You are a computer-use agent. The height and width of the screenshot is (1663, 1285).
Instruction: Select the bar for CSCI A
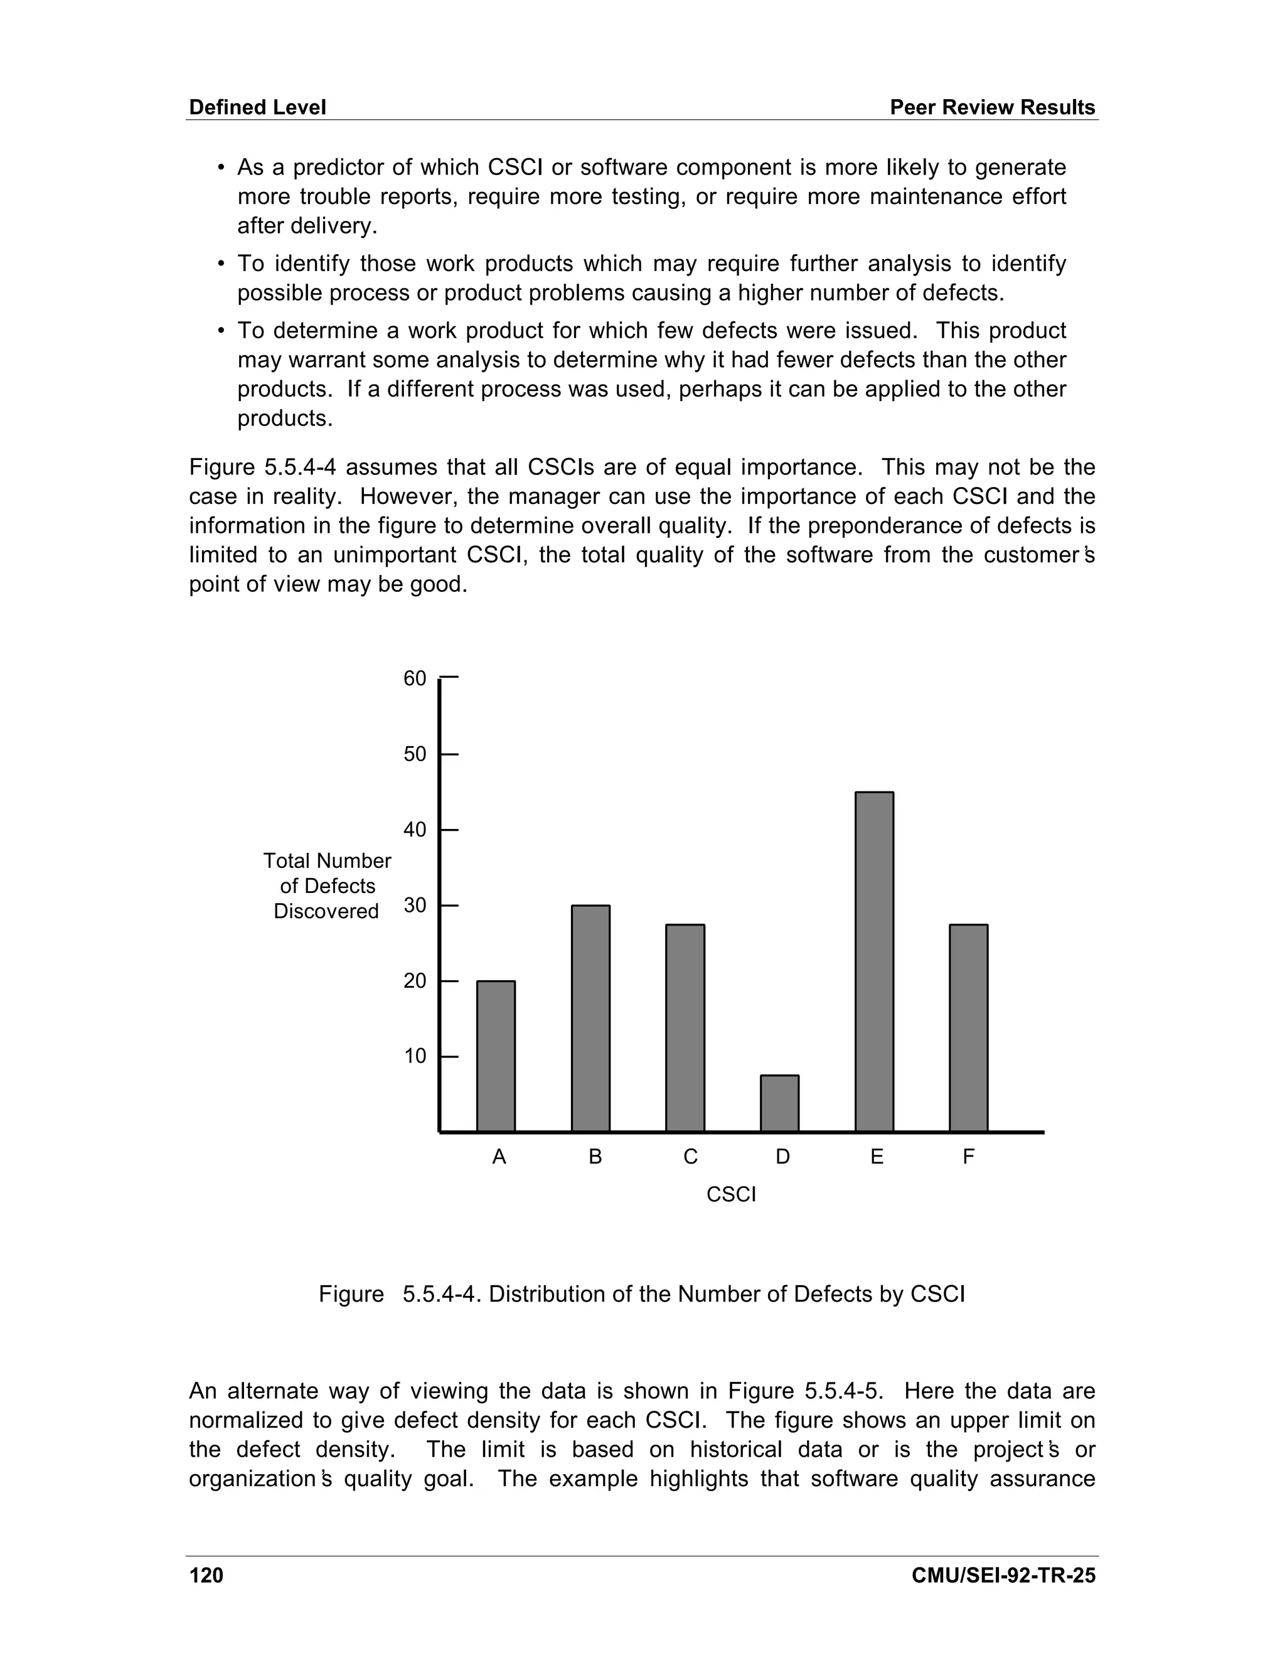point(496,1056)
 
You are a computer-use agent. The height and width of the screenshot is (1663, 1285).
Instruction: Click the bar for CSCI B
point(590,1018)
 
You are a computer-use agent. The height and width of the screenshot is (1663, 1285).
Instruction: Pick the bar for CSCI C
point(685,1028)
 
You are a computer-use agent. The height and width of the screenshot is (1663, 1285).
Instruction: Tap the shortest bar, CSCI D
point(779,1103)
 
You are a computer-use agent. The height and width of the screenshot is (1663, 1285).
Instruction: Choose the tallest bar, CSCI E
point(874,961)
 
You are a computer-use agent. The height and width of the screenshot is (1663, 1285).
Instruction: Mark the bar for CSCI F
point(968,1028)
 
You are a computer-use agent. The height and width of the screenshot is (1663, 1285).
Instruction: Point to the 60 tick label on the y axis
point(415,678)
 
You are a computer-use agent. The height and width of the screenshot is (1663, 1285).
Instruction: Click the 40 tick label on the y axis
point(415,830)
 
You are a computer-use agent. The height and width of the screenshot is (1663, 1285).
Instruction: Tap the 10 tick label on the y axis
point(415,1057)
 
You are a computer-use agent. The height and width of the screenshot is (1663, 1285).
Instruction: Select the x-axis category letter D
point(782,1157)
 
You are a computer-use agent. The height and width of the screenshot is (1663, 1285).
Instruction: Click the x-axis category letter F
point(968,1157)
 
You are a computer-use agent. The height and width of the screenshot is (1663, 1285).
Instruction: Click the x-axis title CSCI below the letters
point(731,1195)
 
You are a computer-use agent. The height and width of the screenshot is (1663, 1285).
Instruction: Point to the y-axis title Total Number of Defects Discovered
point(326,886)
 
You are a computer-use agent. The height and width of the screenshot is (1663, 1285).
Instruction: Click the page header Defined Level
point(257,107)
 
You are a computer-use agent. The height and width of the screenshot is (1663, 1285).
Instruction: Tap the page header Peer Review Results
point(992,107)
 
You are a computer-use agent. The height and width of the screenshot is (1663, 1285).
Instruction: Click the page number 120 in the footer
point(206,1575)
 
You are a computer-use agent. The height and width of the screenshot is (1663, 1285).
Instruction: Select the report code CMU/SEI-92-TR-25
point(1003,1575)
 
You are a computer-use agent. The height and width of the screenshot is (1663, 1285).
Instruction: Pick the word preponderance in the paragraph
point(860,525)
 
